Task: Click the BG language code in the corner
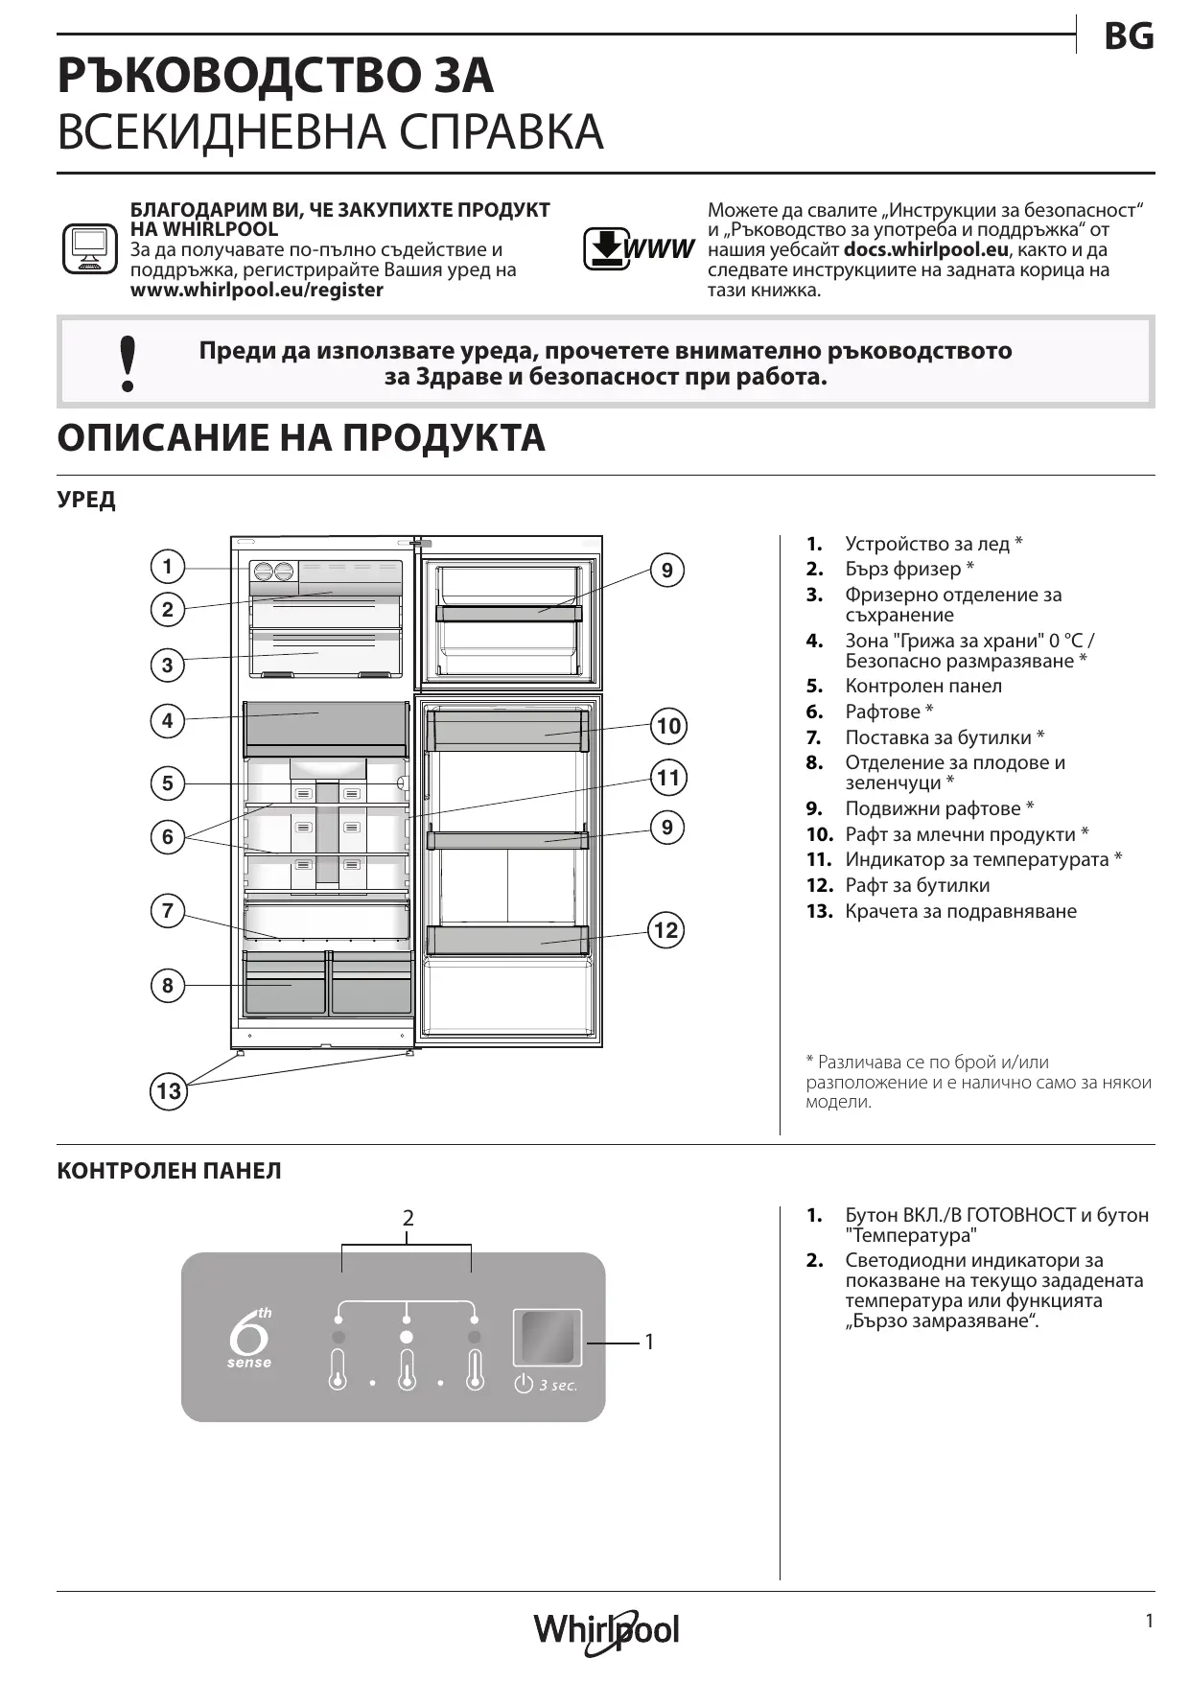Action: point(1129,36)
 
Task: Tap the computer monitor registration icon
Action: point(89,249)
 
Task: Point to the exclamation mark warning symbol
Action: point(127,363)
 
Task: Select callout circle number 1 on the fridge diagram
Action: point(168,566)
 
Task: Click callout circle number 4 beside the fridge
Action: point(168,720)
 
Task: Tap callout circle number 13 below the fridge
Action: point(168,1090)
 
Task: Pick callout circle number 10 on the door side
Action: point(668,725)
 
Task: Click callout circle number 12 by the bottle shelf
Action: point(665,929)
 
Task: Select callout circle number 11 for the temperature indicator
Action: point(668,777)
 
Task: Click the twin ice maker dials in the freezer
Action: point(273,572)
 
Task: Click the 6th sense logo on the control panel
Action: point(250,1337)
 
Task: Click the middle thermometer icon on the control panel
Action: point(407,1369)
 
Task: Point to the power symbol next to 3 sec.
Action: point(524,1384)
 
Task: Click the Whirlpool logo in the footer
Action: point(606,1629)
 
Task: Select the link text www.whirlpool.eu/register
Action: point(256,290)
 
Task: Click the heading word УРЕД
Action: point(86,500)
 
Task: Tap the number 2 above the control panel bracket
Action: point(408,1218)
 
